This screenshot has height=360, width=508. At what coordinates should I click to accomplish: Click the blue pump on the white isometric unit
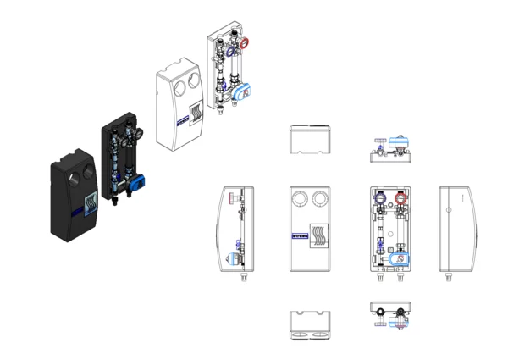(x=240, y=91)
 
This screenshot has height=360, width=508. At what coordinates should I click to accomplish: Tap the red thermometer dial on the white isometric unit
(x=246, y=42)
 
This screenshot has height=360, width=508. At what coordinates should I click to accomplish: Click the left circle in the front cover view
(x=301, y=200)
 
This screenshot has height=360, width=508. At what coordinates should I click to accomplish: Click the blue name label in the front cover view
(x=299, y=237)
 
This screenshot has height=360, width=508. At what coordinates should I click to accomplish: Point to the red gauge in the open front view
(x=400, y=202)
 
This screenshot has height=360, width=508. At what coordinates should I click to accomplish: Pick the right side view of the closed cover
(x=456, y=228)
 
